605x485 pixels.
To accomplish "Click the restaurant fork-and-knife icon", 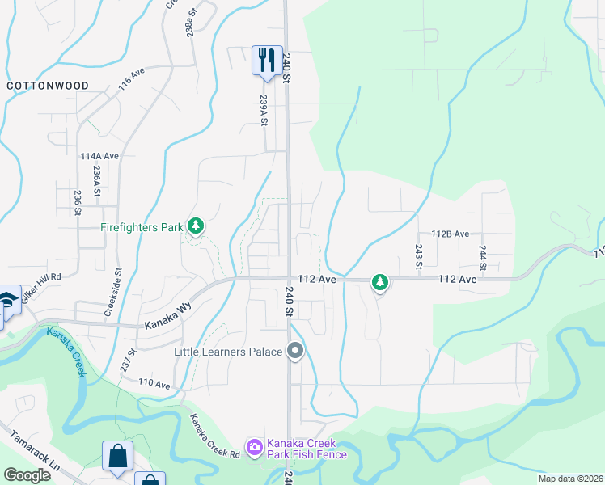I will [264, 60].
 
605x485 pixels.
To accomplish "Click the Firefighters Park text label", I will [142, 228].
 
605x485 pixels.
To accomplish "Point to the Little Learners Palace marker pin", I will [295, 352].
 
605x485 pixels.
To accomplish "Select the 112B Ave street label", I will [451, 234].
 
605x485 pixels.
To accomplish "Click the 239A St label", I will [264, 111].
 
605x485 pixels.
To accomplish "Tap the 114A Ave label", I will [99, 156].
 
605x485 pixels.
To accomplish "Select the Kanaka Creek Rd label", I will [214, 436].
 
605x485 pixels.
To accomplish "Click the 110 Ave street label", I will [154, 384].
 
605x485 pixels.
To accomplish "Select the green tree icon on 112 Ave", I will [379, 282].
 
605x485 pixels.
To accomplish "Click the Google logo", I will [27, 475].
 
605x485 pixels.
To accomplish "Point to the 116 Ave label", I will [131, 78].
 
